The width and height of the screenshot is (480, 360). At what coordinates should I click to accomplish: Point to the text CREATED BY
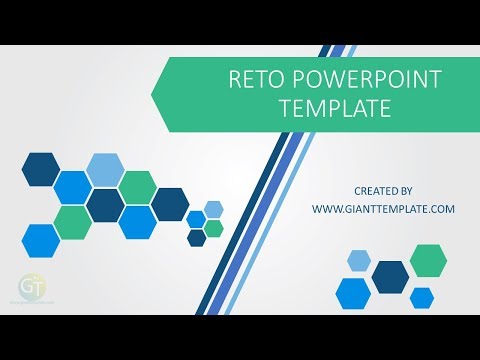(383, 190)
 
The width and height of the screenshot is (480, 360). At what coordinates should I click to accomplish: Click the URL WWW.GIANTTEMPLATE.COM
(383, 209)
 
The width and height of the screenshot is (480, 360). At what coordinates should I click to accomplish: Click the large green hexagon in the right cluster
(427, 259)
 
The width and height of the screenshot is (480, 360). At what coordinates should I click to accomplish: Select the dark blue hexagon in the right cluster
(390, 276)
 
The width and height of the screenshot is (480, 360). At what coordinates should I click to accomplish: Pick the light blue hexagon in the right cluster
(359, 261)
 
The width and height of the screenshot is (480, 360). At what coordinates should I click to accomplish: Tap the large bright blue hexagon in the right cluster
(353, 292)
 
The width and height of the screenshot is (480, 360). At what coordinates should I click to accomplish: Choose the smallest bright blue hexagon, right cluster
(422, 297)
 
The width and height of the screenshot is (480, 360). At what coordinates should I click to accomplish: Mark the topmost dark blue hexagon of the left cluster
(40, 169)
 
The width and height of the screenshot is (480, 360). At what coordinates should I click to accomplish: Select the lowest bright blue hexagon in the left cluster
(40, 239)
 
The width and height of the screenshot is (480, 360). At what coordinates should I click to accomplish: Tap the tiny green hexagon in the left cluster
(213, 228)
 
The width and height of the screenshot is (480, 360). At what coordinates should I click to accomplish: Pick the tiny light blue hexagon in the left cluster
(213, 209)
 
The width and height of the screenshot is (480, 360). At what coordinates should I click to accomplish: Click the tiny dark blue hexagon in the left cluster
(196, 238)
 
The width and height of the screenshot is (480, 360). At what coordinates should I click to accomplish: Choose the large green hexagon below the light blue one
(137, 187)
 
